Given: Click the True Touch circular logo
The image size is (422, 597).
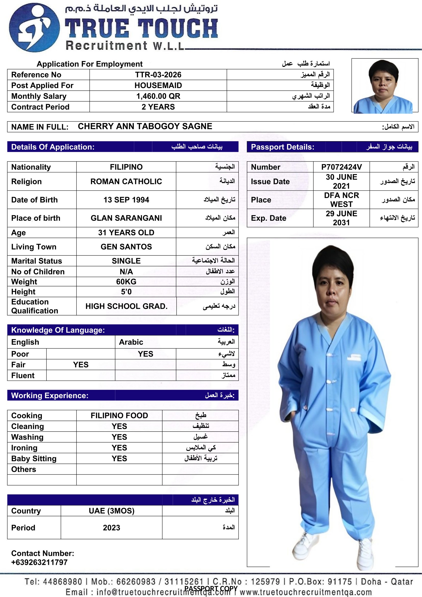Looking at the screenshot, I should coord(34,28).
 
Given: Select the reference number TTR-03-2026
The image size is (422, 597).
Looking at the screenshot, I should coord(158,75).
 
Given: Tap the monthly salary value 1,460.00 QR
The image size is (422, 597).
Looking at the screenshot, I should coord(158,96).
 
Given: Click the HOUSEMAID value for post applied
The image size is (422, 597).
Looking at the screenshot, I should coord(158,85).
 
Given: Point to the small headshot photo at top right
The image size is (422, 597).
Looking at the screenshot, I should coord(384,86).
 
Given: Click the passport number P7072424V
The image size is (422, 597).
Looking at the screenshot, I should coord(341,167).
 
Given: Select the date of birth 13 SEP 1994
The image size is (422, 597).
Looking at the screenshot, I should coord(126,200).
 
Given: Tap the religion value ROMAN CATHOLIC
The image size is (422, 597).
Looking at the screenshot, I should coord(126,181).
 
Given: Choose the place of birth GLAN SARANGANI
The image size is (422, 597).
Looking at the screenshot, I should coord(126,218).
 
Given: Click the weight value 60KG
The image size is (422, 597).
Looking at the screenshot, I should coord(126,282).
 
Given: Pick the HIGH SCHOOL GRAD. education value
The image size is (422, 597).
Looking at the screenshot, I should coord(126,306).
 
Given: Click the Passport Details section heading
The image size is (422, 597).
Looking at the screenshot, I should coord(282,147).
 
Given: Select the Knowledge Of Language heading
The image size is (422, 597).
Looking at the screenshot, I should coord(58,330).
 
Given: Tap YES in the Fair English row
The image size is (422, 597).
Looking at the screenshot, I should coord(81,364).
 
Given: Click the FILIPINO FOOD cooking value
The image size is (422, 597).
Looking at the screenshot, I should coord(119,416).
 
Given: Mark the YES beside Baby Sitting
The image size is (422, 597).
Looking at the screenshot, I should coord(119,458).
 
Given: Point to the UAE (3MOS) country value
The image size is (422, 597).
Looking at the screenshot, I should coord(111,511).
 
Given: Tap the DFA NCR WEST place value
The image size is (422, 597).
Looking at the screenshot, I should coord(341,200).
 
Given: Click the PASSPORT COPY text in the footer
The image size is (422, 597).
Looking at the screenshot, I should coord(211,588).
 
